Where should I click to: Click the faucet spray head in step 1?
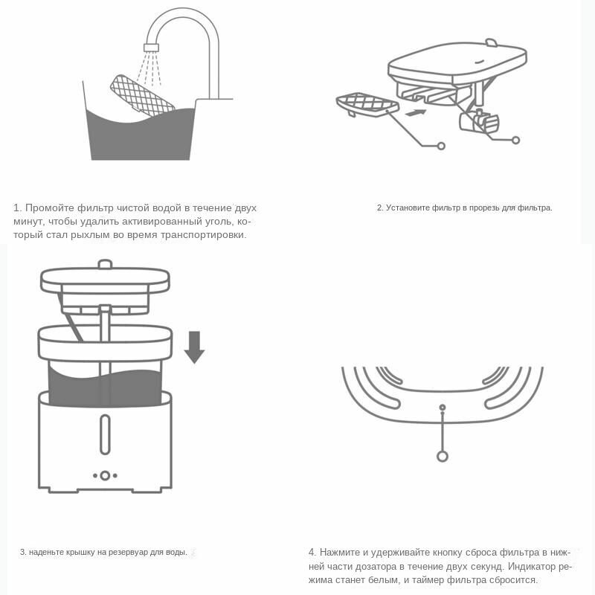pos(151,48)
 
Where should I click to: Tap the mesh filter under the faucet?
pos(142,95)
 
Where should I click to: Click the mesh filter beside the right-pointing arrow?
pos(367,104)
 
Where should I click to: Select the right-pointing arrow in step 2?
pos(416,113)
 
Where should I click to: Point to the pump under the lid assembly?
pos(478,121)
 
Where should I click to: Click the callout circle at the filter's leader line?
pos(441,146)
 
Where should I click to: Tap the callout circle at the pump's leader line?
pos(515,140)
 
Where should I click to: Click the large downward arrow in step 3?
pos(195,347)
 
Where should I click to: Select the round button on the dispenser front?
pos(105,475)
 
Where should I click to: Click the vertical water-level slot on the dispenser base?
pos(105,434)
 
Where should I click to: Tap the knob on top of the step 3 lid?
pos(105,264)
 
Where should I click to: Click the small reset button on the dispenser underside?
pos(443,408)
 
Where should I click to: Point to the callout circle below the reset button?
pos(443,456)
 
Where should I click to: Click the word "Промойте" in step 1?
pos(50,208)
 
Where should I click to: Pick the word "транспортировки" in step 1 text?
pos(203,235)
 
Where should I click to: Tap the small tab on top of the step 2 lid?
pos(492,42)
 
